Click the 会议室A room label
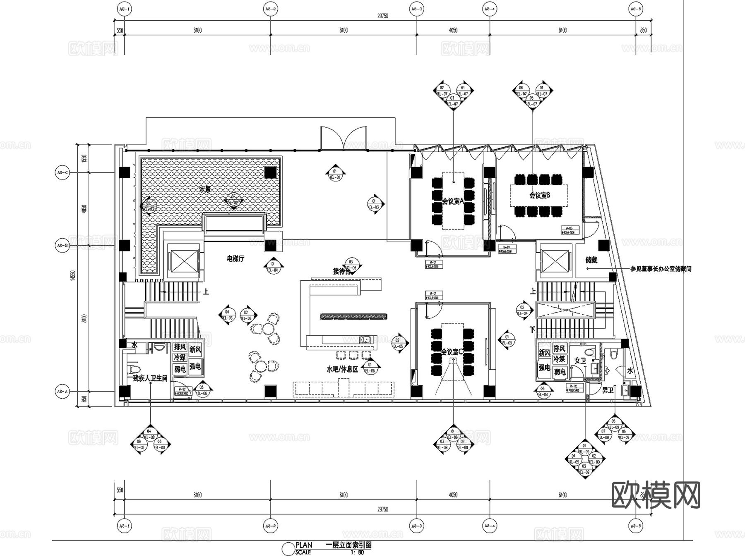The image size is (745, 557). (x=452, y=201)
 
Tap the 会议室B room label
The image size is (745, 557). (x=539, y=195)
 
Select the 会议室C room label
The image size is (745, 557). (x=452, y=352)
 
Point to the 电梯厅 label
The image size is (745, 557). (x=236, y=259)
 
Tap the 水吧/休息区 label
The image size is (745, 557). (x=342, y=369)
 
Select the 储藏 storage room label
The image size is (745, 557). (x=591, y=260)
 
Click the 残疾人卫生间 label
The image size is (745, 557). (x=150, y=378)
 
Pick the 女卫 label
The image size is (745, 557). (x=580, y=361)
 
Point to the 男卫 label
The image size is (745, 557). (x=608, y=390)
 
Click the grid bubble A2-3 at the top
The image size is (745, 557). (x=416, y=9)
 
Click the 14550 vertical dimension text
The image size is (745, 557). (x=73, y=276)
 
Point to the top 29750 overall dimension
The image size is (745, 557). (x=382, y=16)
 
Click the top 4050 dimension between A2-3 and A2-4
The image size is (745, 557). (x=453, y=30)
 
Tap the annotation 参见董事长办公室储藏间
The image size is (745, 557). (x=661, y=269)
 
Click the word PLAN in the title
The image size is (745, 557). (x=304, y=545)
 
